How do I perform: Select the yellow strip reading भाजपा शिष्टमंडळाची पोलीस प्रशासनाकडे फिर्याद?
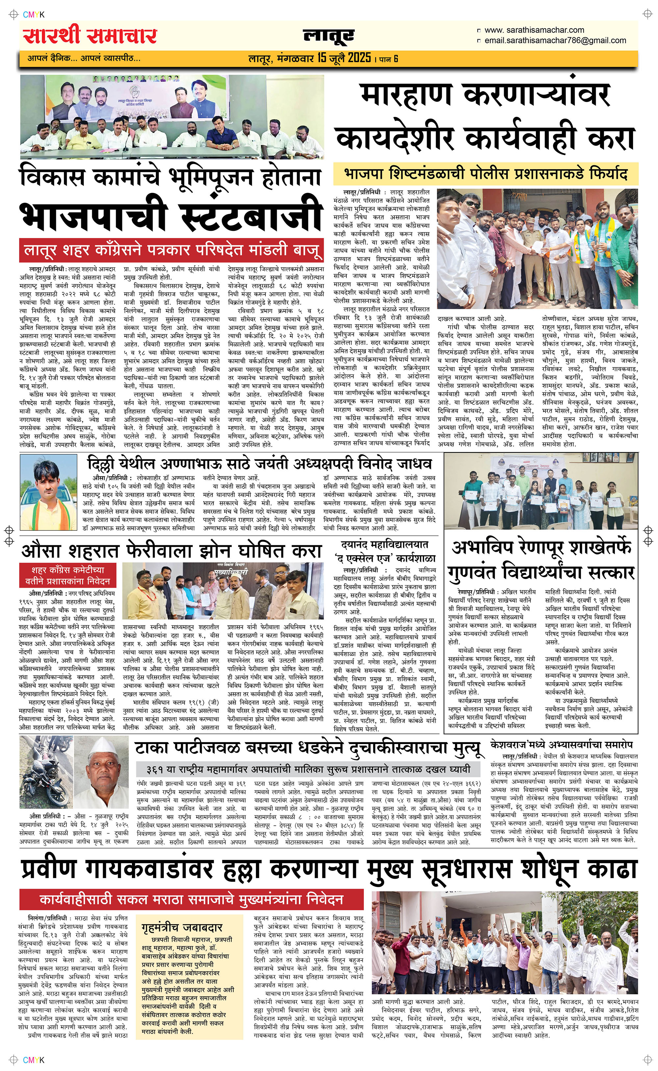coord(485,174)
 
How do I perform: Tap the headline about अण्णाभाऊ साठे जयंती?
coord(259,463)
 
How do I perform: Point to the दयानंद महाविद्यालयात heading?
coord(385,544)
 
